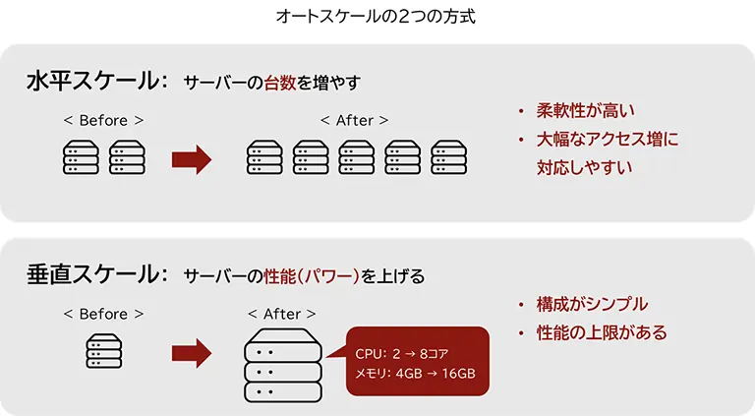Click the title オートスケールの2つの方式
click(x=377, y=16)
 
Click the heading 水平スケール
click(x=91, y=82)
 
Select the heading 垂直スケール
click(x=91, y=274)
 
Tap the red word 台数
click(x=279, y=83)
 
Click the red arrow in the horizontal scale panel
click(x=192, y=158)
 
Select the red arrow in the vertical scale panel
click(x=192, y=351)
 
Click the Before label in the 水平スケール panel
click(x=103, y=120)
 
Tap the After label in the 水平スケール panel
click(x=354, y=120)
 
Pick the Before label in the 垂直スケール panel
click(x=103, y=313)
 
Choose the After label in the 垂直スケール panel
click(x=282, y=313)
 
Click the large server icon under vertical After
click(x=282, y=365)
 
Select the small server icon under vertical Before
click(x=103, y=351)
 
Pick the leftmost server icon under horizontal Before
click(x=80, y=157)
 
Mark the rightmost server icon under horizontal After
click(x=448, y=157)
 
